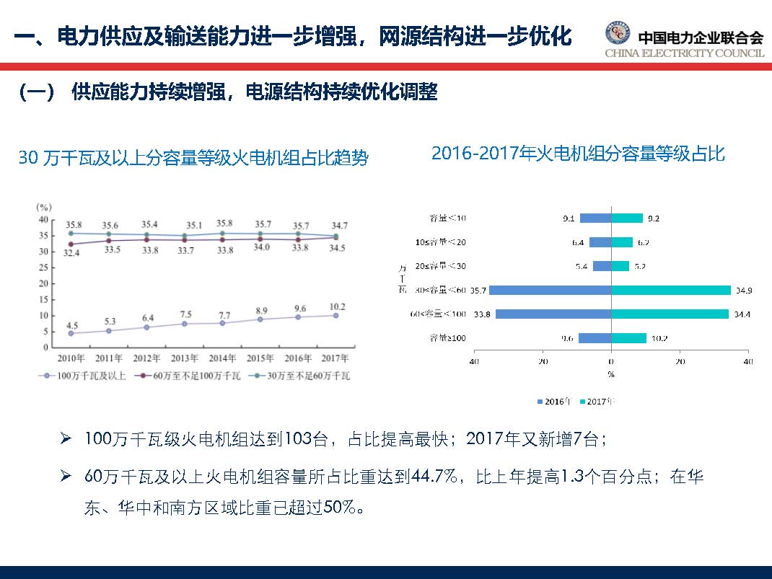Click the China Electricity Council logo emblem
(x=617, y=34)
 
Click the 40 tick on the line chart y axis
(x=43, y=219)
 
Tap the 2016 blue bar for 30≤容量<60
(x=551, y=290)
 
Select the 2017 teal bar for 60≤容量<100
(x=670, y=314)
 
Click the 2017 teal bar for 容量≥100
(x=628, y=337)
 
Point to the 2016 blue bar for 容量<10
(x=595, y=218)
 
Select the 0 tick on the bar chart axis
(x=611, y=361)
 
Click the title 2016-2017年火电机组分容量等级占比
(x=578, y=154)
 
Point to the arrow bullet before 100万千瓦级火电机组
(x=65, y=438)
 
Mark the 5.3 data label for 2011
(x=109, y=321)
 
